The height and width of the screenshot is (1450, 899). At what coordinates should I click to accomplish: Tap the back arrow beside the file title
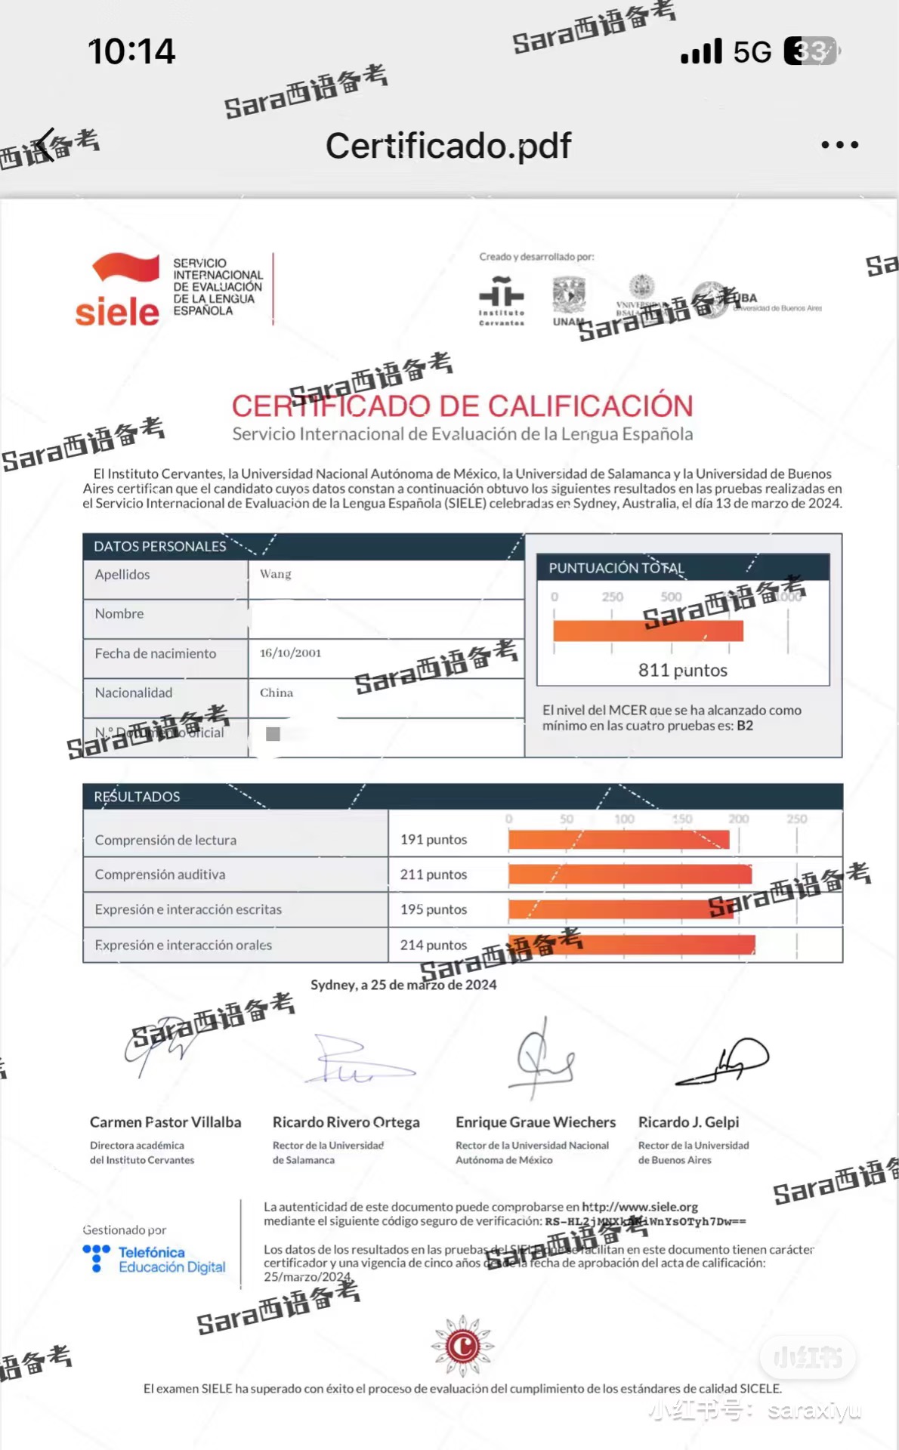point(45,144)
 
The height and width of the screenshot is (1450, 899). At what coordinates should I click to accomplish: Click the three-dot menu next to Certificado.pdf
point(839,144)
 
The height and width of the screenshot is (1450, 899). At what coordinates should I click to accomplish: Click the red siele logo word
point(117,311)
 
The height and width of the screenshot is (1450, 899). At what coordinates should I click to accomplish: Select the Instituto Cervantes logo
point(501,300)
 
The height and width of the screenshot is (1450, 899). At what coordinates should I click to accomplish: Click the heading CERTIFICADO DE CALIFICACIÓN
point(462,406)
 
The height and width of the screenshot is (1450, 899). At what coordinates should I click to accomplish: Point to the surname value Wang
point(276,574)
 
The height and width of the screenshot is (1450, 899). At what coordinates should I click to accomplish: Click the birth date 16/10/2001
point(290,652)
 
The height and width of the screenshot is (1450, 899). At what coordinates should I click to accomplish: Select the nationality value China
point(276,693)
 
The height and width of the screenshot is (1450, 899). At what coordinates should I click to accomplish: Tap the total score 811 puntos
point(682,670)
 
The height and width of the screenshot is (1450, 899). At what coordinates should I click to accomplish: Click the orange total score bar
point(647,631)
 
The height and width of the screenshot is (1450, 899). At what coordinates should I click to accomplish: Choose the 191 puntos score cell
point(434,839)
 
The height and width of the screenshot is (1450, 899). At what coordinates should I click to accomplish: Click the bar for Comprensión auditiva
point(629,875)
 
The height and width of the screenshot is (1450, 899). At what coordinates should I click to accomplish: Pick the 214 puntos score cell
point(434,945)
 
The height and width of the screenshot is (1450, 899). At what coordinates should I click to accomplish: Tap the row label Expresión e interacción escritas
point(188,909)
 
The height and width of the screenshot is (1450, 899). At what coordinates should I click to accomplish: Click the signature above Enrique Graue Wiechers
point(542,1057)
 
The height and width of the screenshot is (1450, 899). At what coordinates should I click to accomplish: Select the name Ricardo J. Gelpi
point(688,1121)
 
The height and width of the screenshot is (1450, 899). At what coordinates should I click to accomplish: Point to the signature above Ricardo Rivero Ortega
point(355,1061)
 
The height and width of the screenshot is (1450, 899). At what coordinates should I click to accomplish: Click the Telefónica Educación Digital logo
point(154,1259)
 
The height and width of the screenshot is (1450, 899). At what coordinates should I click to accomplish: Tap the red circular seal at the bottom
point(462,1345)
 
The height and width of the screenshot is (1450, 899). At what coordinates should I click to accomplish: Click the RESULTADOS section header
point(137,796)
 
